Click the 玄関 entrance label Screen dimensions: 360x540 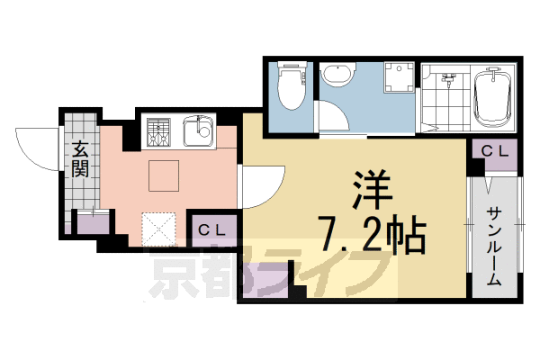(x=81, y=158)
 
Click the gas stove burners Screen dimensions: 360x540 (x=157, y=132)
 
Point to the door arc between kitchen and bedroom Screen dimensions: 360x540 (x=263, y=184)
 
